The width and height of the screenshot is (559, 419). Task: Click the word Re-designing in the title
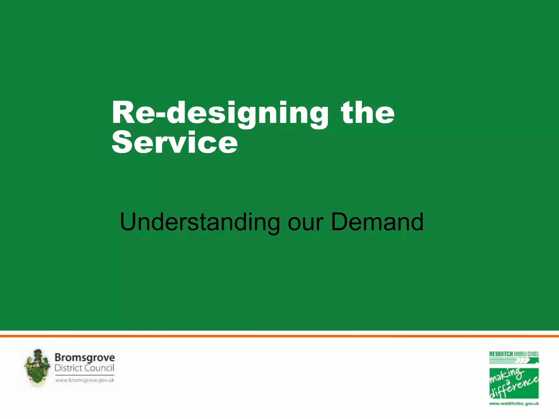coord(220,113)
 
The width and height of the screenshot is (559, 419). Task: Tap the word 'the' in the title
coord(367,112)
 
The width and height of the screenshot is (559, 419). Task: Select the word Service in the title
coord(175,142)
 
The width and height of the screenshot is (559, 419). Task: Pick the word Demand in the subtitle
coord(377,222)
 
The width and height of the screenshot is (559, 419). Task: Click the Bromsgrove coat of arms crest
coord(37,368)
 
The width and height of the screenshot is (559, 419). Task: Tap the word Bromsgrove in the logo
coord(85,358)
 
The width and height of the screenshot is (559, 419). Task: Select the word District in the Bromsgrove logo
coord(68,368)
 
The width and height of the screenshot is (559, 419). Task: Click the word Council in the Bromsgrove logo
coord(99,368)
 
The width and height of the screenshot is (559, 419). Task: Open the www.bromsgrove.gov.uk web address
coord(85,380)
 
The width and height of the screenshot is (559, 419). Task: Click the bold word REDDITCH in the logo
coord(501,354)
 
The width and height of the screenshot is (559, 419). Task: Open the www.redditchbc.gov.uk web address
coord(514,403)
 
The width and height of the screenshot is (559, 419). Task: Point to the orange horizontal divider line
coord(279,336)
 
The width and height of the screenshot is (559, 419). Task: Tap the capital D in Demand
coord(340,222)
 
